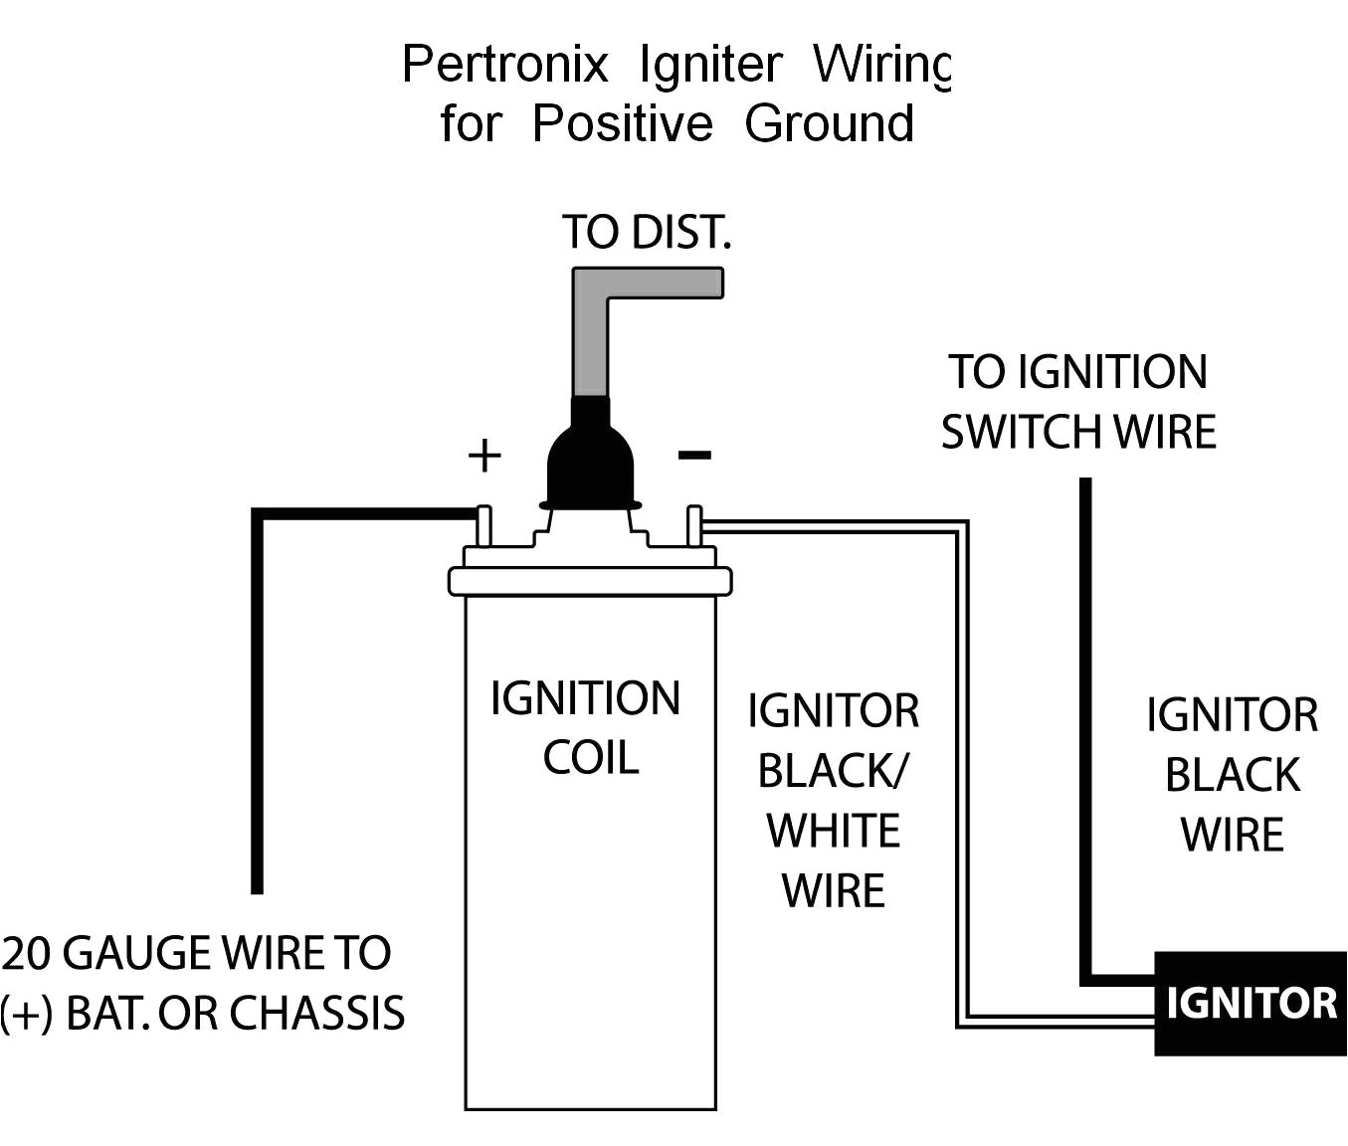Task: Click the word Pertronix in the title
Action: (x=504, y=66)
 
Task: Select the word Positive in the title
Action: (x=622, y=124)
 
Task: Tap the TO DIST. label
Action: (x=647, y=232)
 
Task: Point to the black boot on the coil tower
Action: (x=590, y=458)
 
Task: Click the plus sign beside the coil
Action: (x=484, y=456)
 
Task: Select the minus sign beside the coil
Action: (x=694, y=456)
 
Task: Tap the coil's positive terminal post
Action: (x=484, y=526)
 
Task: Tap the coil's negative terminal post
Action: (x=694, y=526)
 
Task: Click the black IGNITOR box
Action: (x=1251, y=1003)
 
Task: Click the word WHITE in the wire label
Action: (x=834, y=831)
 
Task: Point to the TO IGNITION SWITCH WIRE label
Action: (x=1078, y=402)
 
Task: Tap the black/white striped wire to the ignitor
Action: (x=962, y=776)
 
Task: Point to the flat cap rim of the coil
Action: (x=590, y=581)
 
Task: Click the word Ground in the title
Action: (x=829, y=124)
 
